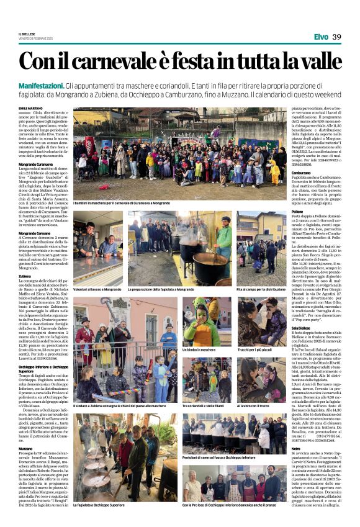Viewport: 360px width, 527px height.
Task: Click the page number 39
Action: pos(336,37)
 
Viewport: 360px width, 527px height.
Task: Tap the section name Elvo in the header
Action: pos(321,37)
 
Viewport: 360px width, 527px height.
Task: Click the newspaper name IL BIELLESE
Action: pos(27,34)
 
